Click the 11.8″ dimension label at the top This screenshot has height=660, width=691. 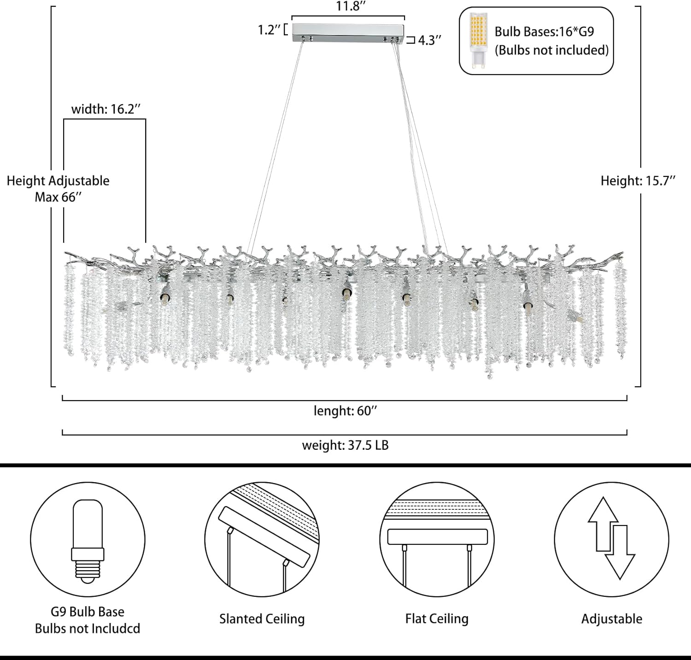click(x=351, y=6)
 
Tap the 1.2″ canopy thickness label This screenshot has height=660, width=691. click(x=269, y=30)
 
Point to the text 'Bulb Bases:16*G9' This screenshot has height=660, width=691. click(x=544, y=32)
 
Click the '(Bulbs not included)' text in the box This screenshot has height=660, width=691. click(x=551, y=50)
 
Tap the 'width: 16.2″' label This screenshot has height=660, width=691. click(x=105, y=109)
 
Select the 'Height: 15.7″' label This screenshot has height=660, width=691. click(x=638, y=181)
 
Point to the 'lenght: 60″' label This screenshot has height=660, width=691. click(x=345, y=411)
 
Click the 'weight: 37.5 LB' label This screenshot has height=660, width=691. click(x=345, y=445)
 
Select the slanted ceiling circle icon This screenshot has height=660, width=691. click(x=262, y=539)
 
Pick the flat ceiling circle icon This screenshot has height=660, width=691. click(x=437, y=539)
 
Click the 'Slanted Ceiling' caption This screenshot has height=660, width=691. click(x=262, y=619)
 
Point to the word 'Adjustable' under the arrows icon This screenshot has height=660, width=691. click(x=611, y=619)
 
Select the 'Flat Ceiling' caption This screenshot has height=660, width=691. click(x=437, y=619)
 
